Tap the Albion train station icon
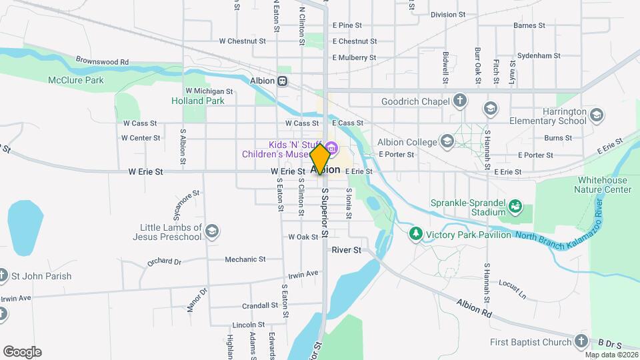[x=283, y=81]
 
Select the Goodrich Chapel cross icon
[x=459, y=101]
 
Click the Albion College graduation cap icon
[x=446, y=141]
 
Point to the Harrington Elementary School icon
[x=596, y=115]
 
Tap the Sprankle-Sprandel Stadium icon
[x=515, y=207]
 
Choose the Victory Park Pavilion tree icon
[x=416, y=233]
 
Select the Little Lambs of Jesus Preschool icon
[x=211, y=231]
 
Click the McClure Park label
[x=76, y=80]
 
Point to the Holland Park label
[x=198, y=101]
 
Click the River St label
[x=346, y=250]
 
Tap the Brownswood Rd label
[x=102, y=61]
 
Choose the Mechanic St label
[x=245, y=259]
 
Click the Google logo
[x=22, y=352]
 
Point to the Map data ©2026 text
[x=612, y=355]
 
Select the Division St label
[x=453, y=14]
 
